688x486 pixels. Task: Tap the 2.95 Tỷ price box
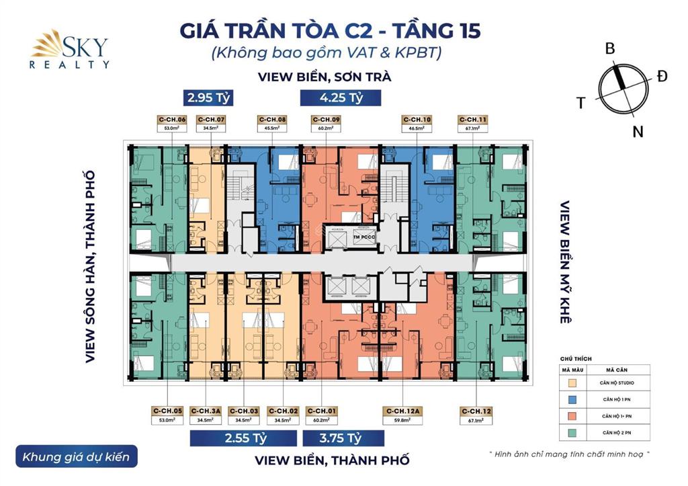pyautogui.click(x=209, y=97)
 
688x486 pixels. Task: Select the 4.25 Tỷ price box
pyautogui.click(x=341, y=97)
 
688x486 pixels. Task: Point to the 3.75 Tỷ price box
pyautogui.click(x=343, y=438)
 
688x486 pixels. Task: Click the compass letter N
pyautogui.click(x=637, y=132)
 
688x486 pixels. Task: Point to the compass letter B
pyautogui.click(x=610, y=48)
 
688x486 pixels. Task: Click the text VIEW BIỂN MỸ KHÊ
pyautogui.click(x=565, y=262)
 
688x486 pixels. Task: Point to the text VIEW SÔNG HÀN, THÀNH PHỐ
pyautogui.click(x=90, y=267)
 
